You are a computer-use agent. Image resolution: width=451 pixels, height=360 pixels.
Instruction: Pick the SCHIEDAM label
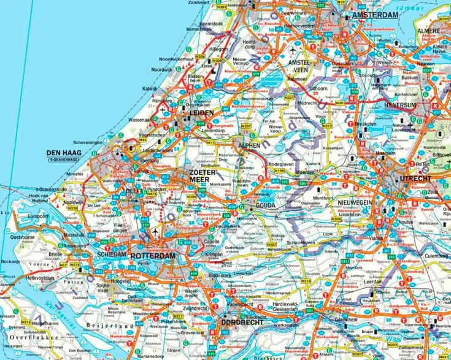[x=111, y=254]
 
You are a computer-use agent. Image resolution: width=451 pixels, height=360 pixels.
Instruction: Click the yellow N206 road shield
[x=201, y=56]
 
